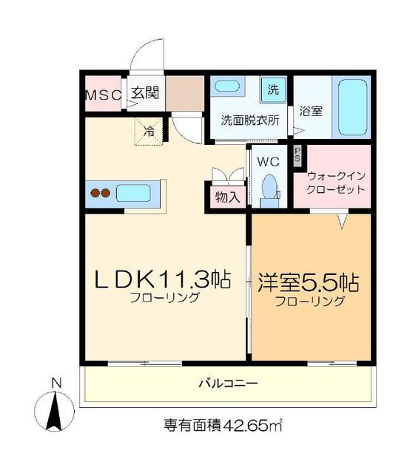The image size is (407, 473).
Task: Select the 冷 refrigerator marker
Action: coord(149,132)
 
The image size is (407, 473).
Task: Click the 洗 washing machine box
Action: coord(273,90)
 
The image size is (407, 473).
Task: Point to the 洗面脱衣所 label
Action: coord(251,120)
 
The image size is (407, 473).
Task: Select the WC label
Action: coord(267,160)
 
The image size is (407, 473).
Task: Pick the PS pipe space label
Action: coord(298,155)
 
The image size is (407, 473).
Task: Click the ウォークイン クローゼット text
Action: coord(336,183)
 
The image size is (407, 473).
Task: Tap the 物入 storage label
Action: coord(226,197)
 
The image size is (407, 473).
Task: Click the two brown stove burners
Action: coord(100,194)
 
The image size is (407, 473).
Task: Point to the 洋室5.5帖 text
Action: coord(309,282)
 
